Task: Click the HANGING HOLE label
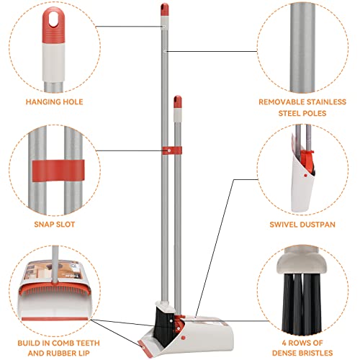click(x=53, y=102)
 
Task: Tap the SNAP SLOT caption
click(x=54, y=224)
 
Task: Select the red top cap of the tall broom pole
click(x=163, y=9)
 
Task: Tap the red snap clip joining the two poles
click(x=171, y=150)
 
